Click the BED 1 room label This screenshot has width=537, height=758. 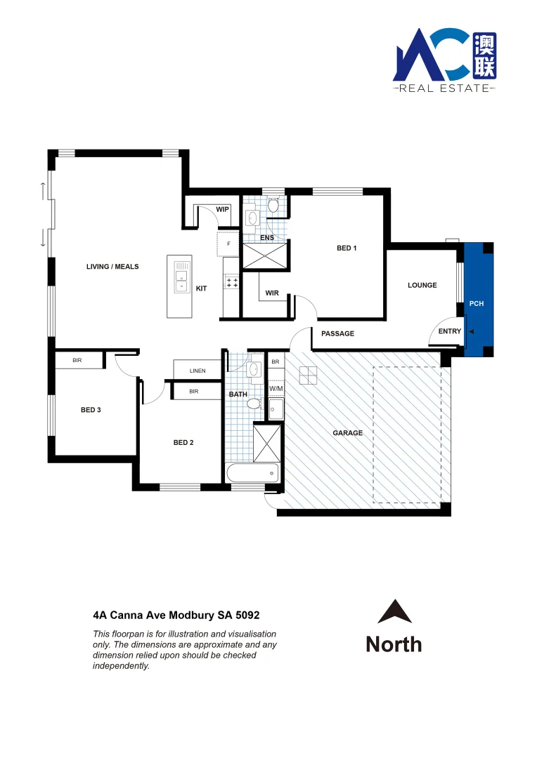[347, 248]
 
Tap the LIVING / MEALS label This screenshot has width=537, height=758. [112, 267]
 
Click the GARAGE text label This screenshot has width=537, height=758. [348, 433]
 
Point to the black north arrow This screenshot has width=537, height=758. [394, 612]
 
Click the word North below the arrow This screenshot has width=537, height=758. [394, 644]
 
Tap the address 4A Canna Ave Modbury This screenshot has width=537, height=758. [176, 615]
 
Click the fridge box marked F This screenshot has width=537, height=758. [228, 244]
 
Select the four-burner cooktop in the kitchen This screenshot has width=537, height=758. [231, 282]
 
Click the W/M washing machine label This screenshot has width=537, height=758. [276, 388]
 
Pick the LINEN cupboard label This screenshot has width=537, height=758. [198, 370]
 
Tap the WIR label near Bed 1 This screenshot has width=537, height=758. [273, 293]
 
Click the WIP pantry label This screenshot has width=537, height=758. [223, 209]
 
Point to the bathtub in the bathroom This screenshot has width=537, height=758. [253, 472]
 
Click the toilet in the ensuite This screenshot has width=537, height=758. [273, 206]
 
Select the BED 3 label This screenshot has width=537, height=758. [91, 410]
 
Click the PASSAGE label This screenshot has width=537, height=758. [337, 333]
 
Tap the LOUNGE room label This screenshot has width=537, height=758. [422, 285]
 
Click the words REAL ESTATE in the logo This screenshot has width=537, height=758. [444, 88]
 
